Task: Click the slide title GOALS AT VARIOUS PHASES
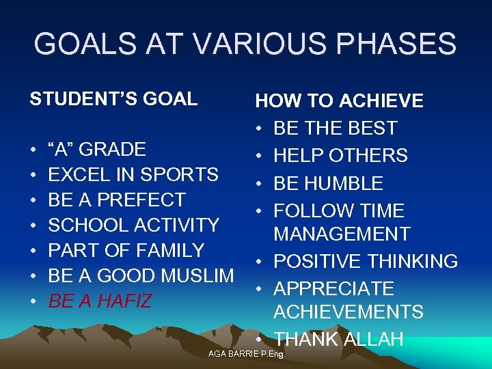pos(245,44)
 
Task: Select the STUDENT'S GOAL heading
pos(113,99)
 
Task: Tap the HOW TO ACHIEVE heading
pos(339,102)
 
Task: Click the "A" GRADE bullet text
pos(97,150)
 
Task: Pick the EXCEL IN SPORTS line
pos(133,175)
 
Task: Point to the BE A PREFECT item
pos(117,200)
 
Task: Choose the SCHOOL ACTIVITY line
pos(133,225)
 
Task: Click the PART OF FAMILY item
pos(126,251)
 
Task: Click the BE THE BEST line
pos(336,128)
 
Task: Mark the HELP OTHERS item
pos(340,156)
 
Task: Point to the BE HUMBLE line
pos(329,184)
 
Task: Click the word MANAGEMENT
pos(342,234)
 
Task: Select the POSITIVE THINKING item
pos(366,262)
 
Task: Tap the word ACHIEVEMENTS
pos(348,312)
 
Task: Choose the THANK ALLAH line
pos(338,339)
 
